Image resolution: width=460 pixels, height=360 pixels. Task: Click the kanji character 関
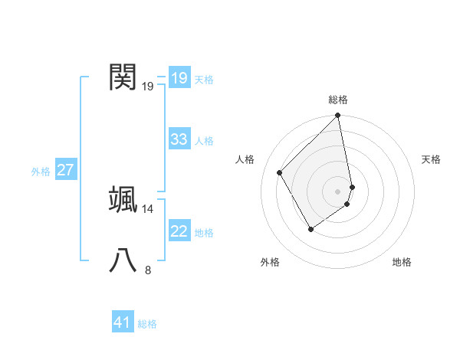pyautogui.click(x=123, y=77)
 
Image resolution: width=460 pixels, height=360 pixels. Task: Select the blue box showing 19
pyautogui.click(x=179, y=77)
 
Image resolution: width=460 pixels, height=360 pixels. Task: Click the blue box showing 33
pyautogui.click(x=179, y=139)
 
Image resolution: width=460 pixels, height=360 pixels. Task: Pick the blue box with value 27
pyautogui.click(x=65, y=170)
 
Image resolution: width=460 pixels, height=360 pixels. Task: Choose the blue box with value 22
pyautogui.click(x=179, y=231)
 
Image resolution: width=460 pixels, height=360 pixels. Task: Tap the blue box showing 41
pyautogui.click(x=123, y=322)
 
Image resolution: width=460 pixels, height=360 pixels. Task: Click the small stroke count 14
pyautogui.click(x=148, y=208)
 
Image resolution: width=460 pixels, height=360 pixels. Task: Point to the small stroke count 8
pyautogui.click(x=148, y=270)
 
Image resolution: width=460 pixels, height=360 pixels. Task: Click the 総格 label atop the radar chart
pyautogui.click(x=338, y=100)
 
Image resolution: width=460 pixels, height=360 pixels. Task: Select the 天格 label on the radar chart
pyautogui.click(x=431, y=159)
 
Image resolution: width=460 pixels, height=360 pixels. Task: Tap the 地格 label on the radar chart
pyautogui.click(x=402, y=263)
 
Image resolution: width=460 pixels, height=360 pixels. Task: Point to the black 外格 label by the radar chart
pyautogui.click(x=270, y=263)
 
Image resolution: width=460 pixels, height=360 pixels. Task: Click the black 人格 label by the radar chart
pyautogui.click(x=245, y=159)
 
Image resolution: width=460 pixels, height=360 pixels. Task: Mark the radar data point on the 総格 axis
pyautogui.click(x=338, y=116)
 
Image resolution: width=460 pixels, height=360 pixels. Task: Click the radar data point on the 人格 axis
pyautogui.click(x=280, y=172)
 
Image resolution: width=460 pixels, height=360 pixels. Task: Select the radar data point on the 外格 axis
pyautogui.click(x=310, y=228)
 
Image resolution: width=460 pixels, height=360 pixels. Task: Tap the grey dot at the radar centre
pyautogui.click(x=338, y=191)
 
